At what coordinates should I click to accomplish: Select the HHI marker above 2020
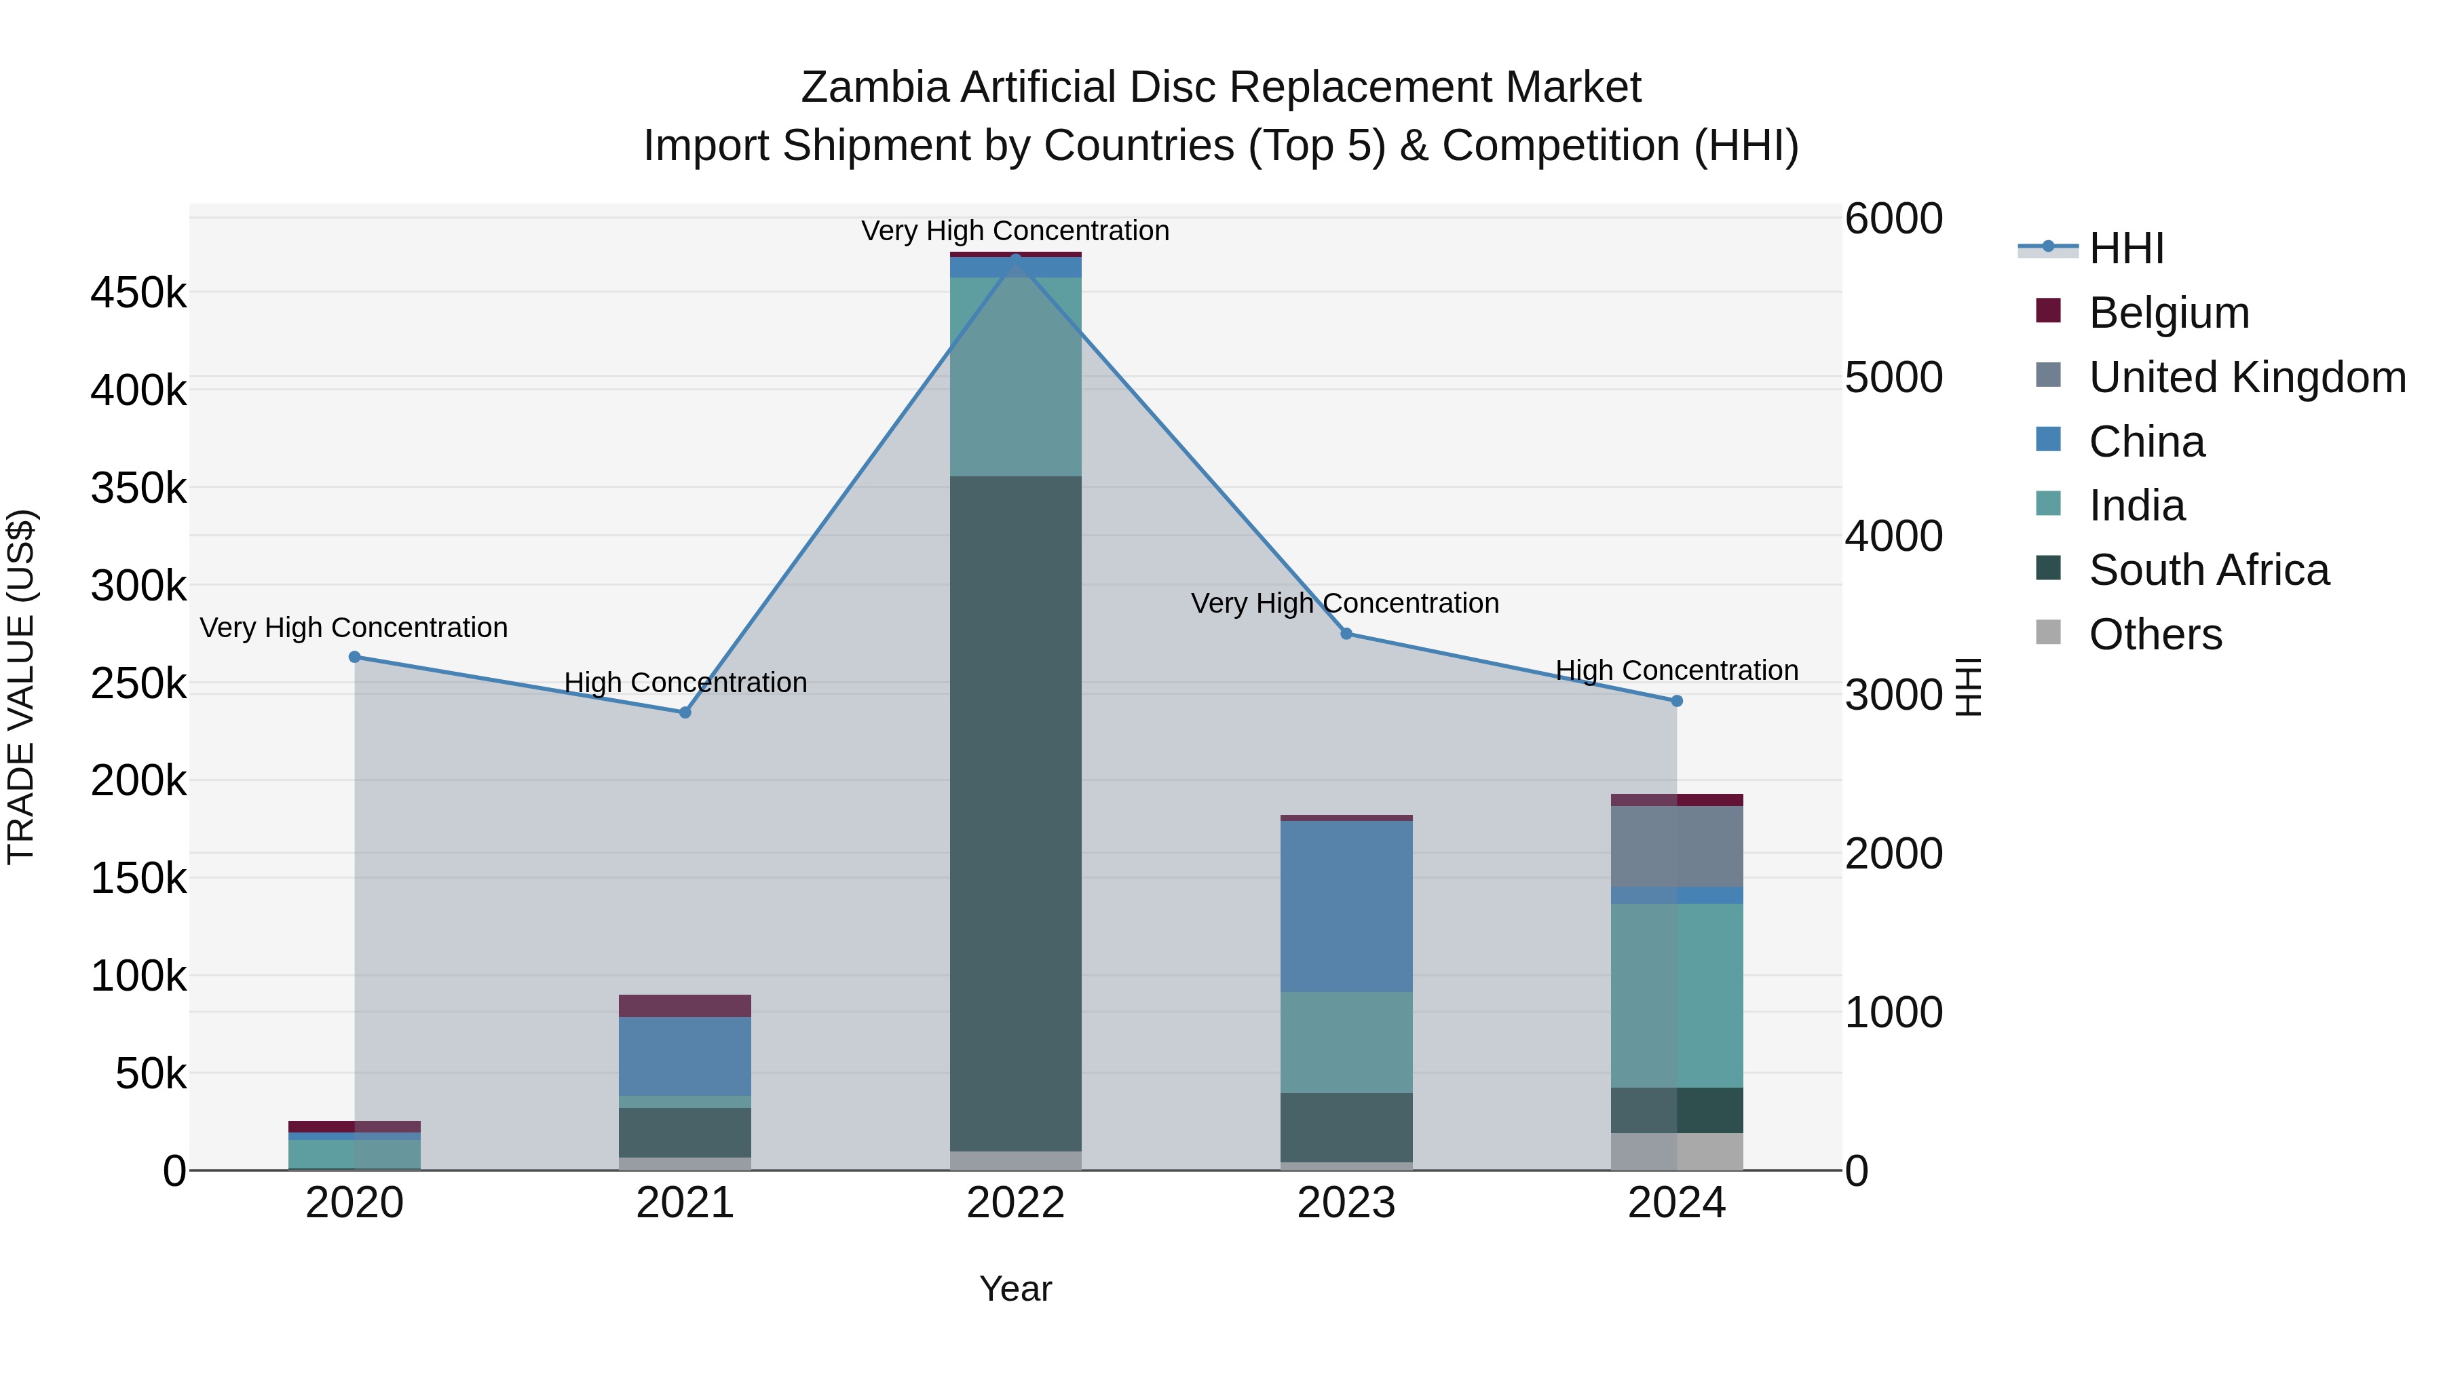(355, 657)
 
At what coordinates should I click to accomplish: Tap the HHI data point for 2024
(1677, 702)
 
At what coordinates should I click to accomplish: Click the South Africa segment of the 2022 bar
(1016, 814)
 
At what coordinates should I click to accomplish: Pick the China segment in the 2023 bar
(1346, 907)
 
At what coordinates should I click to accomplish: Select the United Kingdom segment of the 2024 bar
(1677, 847)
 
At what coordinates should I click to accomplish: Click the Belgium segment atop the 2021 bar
(685, 1006)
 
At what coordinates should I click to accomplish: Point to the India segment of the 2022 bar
(1016, 377)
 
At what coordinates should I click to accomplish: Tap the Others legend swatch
(2049, 632)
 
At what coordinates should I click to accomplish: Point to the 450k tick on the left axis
(138, 293)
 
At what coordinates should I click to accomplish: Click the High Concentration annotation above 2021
(685, 683)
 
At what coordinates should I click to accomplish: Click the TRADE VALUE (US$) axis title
(22, 687)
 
